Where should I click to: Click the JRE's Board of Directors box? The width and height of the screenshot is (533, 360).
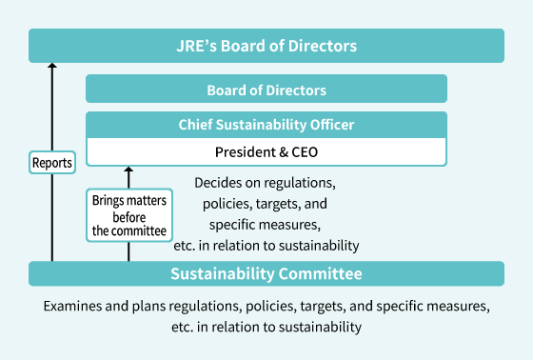(266, 46)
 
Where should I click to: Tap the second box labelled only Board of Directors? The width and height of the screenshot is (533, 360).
(266, 90)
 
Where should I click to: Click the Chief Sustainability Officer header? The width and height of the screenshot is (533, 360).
(266, 125)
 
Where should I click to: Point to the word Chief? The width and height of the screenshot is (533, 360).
(196, 125)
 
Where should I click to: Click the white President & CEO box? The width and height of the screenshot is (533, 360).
(266, 151)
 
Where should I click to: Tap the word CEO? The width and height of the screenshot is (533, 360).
(303, 151)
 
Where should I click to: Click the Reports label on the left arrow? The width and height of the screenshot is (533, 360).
(52, 163)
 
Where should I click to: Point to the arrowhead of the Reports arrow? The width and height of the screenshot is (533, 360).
(52, 65)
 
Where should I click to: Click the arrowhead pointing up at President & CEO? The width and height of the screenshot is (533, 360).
(128, 170)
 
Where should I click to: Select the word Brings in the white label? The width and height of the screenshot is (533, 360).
(109, 201)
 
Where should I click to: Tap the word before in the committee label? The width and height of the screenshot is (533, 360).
(128, 216)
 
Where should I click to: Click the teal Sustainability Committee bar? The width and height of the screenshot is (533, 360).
(266, 274)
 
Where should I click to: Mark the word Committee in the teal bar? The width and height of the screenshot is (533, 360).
(319, 274)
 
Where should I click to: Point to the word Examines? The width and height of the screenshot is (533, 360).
(71, 308)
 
